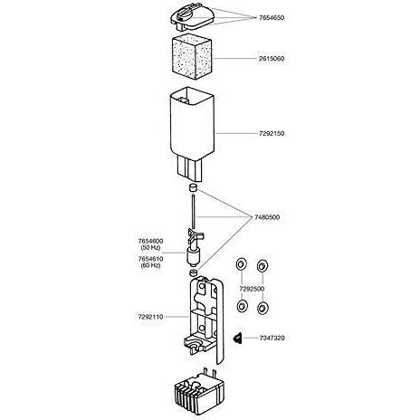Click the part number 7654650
point(272,18)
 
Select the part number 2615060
point(272,59)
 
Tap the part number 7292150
point(272,133)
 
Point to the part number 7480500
point(267,217)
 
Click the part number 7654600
point(150,241)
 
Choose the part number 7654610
point(150,259)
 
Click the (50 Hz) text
point(150,248)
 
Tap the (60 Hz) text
point(150,265)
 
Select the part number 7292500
point(252,289)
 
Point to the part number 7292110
point(150,317)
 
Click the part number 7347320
point(272,338)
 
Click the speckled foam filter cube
point(192,58)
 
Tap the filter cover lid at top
point(192,19)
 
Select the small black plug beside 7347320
point(237,338)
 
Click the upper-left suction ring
point(241,264)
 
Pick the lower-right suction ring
point(262,308)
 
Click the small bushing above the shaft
point(193,187)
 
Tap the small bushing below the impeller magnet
point(193,273)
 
